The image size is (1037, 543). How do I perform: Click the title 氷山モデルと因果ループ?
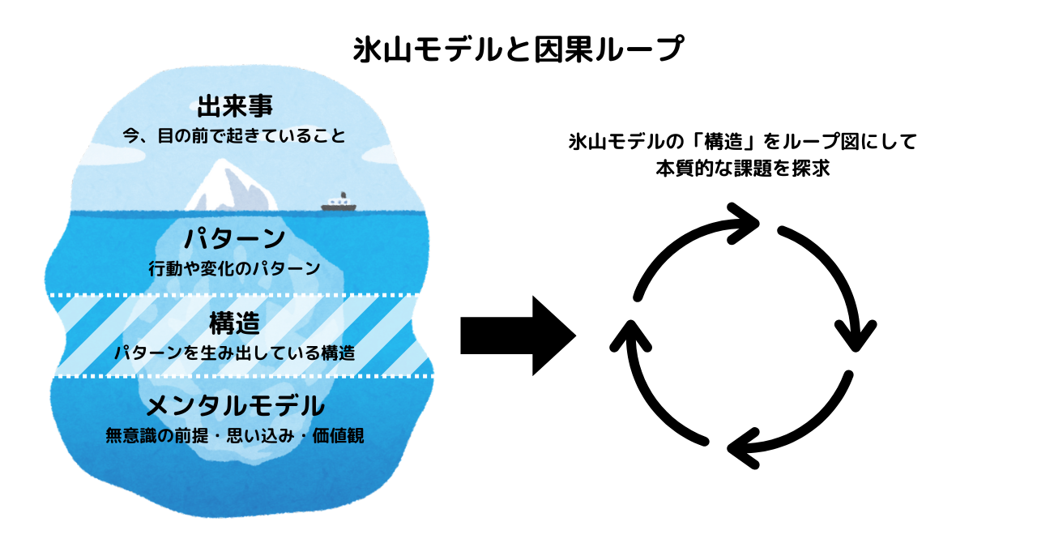tap(518, 50)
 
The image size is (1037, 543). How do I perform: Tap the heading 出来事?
tap(234, 106)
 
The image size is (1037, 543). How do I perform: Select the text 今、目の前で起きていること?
tap(234, 135)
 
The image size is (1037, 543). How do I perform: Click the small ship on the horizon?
tap(339, 203)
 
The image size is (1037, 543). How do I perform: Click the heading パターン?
tap(234, 239)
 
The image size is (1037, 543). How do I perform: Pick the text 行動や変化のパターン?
tap(234, 268)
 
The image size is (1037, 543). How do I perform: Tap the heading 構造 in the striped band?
tap(234, 324)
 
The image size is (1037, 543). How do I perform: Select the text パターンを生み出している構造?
tap(234, 353)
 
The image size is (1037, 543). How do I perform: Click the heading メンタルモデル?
tap(234, 404)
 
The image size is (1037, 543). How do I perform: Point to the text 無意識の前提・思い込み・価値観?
tap(234, 435)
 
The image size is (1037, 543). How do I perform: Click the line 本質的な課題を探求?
tap(743, 170)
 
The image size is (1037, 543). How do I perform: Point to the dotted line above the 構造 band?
tap(243, 294)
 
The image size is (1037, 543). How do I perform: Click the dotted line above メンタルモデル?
tap(243, 376)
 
